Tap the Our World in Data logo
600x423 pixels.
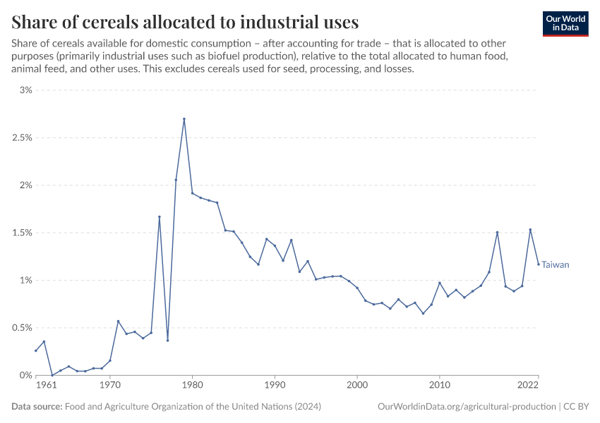(565, 23)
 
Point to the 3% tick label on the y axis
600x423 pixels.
(26, 90)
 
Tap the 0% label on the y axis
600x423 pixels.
(26, 375)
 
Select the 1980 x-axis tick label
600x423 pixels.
(193, 386)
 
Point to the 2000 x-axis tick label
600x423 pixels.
(357, 386)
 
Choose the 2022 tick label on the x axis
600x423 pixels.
(529, 386)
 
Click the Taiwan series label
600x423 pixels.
(555, 265)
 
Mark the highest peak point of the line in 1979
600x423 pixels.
(184, 119)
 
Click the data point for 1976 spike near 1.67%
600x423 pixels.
(160, 216)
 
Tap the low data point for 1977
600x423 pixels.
(167, 341)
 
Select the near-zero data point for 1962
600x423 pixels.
(52, 375)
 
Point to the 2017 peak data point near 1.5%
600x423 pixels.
(498, 232)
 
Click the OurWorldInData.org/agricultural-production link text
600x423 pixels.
(467, 407)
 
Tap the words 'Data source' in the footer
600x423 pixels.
(37, 407)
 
